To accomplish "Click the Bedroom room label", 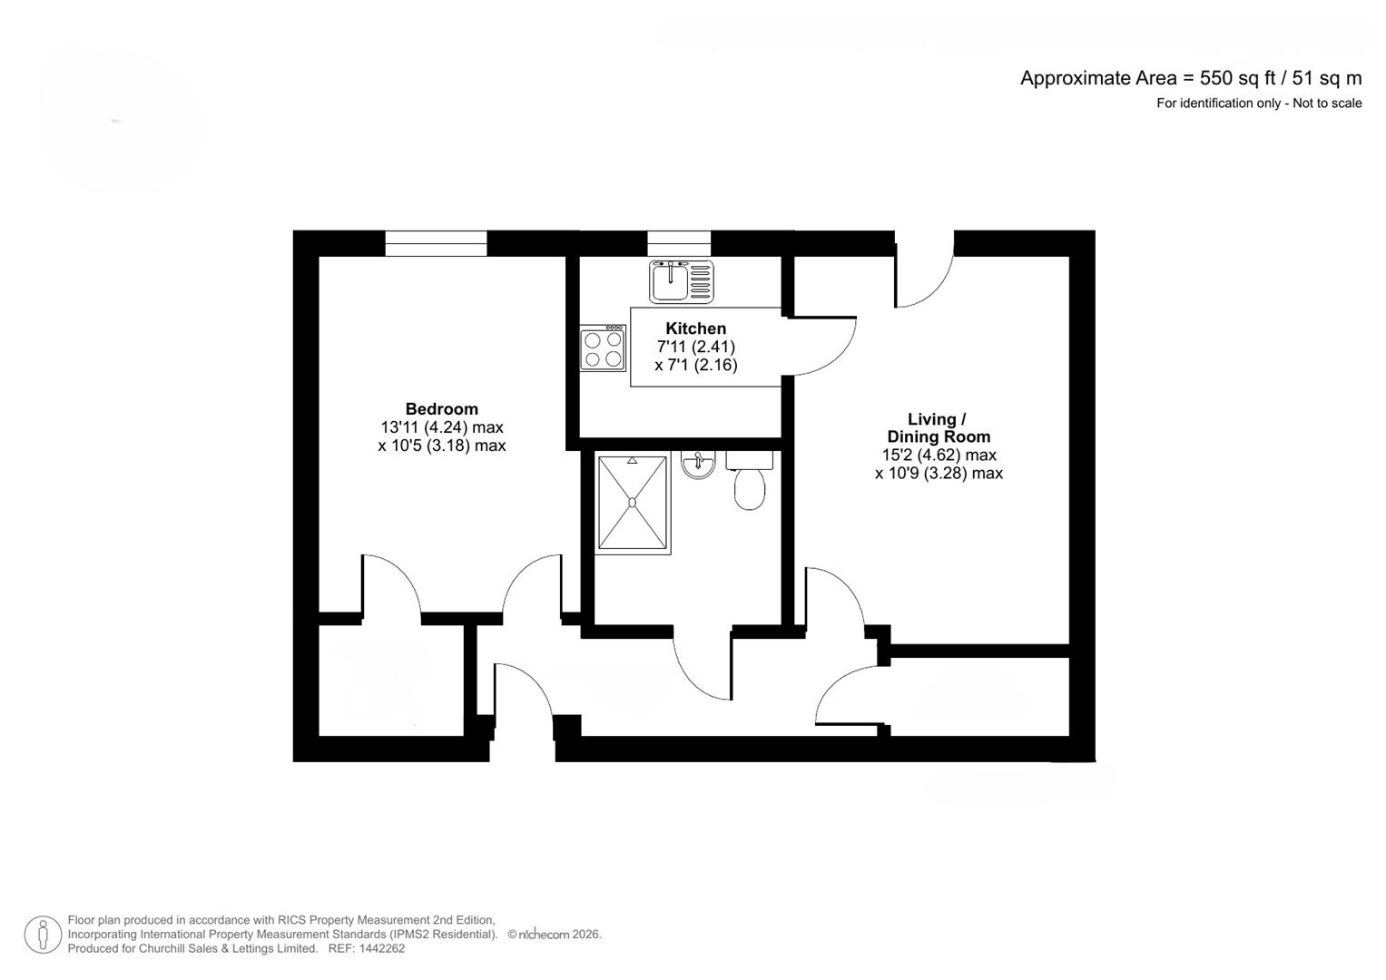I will [441, 409].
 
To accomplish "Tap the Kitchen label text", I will [695, 328].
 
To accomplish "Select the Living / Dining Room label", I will [939, 427].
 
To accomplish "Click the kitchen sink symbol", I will [681, 280].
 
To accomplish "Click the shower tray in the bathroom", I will [633, 504].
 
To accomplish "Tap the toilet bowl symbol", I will [750, 489].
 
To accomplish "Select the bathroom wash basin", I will [698, 465].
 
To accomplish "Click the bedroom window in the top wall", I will [436, 243].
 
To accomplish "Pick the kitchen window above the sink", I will [679, 243].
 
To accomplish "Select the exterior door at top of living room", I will [924, 272].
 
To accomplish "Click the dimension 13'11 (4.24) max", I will [441, 427].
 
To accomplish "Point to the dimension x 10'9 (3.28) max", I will [939, 474].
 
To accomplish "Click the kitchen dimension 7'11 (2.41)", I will [695, 347].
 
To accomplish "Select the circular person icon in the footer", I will [43, 935].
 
